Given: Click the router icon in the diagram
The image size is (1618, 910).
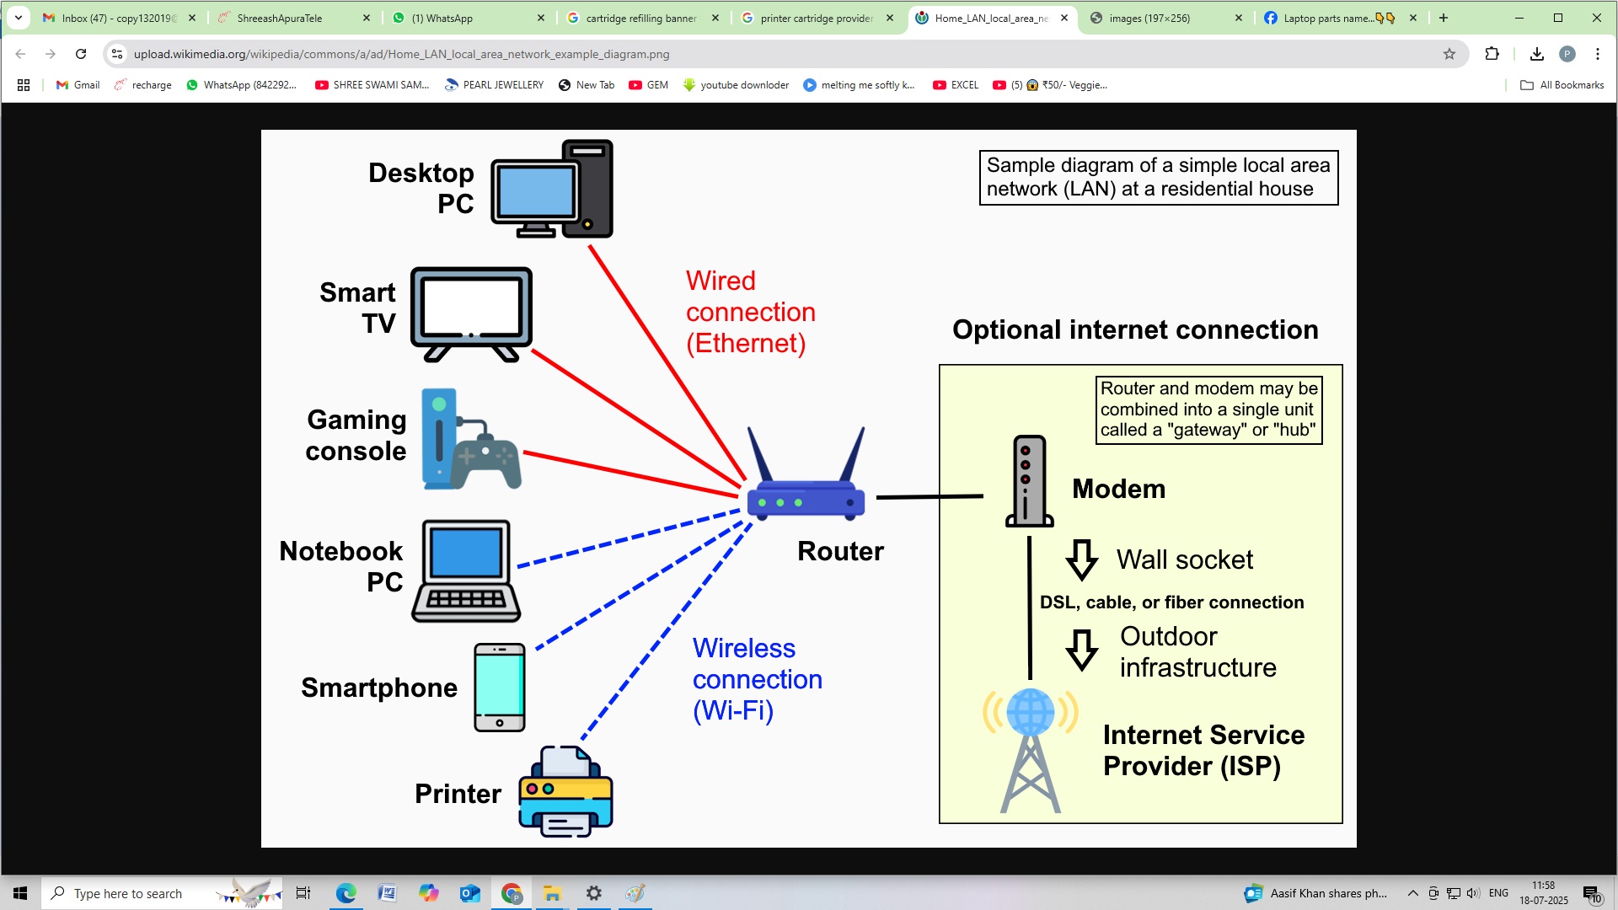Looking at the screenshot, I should click(x=806, y=489).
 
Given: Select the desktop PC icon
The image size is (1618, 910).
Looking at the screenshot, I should click(x=552, y=190).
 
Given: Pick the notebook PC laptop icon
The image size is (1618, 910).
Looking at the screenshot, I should click(x=466, y=571).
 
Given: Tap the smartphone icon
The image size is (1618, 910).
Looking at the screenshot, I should click(x=499, y=687).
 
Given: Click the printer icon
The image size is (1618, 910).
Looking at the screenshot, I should click(x=565, y=792).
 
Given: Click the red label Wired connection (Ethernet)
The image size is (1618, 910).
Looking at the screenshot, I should click(x=749, y=312).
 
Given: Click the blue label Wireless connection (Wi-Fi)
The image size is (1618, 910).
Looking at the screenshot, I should click(x=756, y=679).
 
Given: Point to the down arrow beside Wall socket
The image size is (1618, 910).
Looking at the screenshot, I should click(x=1081, y=560).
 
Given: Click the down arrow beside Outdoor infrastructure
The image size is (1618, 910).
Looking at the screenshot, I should click(x=1081, y=650).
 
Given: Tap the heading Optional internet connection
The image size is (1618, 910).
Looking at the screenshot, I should click(x=1134, y=329).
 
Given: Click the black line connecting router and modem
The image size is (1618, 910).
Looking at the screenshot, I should click(x=929, y=497).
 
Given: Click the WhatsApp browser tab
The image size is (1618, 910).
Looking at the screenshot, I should click(x=468, y=18).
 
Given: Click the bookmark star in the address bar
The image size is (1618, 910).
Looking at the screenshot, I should click(x=1449, y=54).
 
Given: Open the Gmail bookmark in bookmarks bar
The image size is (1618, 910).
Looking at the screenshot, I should click(x=78, y=85).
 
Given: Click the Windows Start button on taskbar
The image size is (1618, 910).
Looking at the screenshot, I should click(x=20, y=893).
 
